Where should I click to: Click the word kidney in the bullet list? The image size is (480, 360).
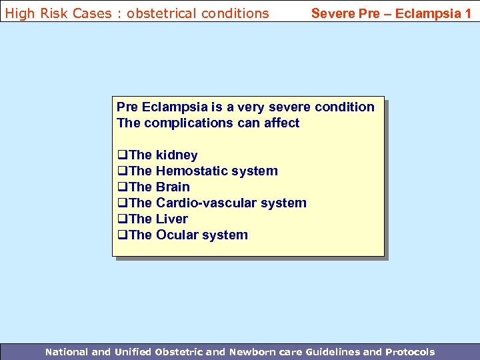click(x=176, y=155)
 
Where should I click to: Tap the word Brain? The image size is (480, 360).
click(x=173, y=187)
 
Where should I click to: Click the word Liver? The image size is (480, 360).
click(x=172, y=219)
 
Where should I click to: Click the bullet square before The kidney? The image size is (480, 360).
click(x=121, y=155)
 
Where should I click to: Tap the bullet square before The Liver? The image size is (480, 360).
click(x=121, y=219)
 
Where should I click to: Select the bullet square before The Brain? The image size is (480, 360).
click(x=121, y=187)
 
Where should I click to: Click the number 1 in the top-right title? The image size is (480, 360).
click(x=468, y=13)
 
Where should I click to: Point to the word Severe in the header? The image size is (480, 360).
click(x=333, y=13)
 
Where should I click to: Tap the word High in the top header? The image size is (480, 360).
click(x=19, y=13)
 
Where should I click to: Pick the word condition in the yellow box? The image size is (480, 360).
click(x=344, y=107)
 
